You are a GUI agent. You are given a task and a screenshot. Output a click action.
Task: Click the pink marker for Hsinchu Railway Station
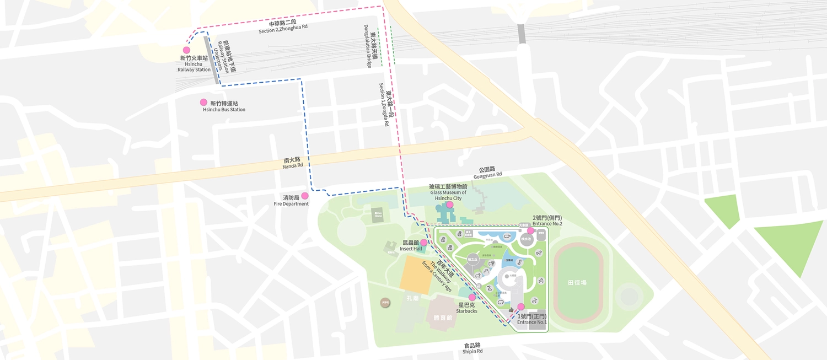[186, 50]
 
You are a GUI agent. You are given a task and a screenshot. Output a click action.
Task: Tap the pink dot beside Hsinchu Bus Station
[203, 103]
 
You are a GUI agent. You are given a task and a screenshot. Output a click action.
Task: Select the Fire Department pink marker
[304, 196]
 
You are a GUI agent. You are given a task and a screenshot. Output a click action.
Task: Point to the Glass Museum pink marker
[450, 205]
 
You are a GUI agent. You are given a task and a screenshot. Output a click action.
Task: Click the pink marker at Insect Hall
[423, 242]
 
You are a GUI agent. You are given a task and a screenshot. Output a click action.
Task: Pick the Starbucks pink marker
[472, 297]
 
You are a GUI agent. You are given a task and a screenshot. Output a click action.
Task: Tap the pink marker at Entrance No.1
[521, 307]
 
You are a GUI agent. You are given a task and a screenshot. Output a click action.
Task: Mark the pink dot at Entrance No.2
[531, 230]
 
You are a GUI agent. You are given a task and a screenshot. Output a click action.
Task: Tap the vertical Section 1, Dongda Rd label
[385, 105]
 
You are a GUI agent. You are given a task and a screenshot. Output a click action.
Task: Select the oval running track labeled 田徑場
[577, 282]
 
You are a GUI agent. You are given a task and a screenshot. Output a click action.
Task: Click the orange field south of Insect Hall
[417, 273]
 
